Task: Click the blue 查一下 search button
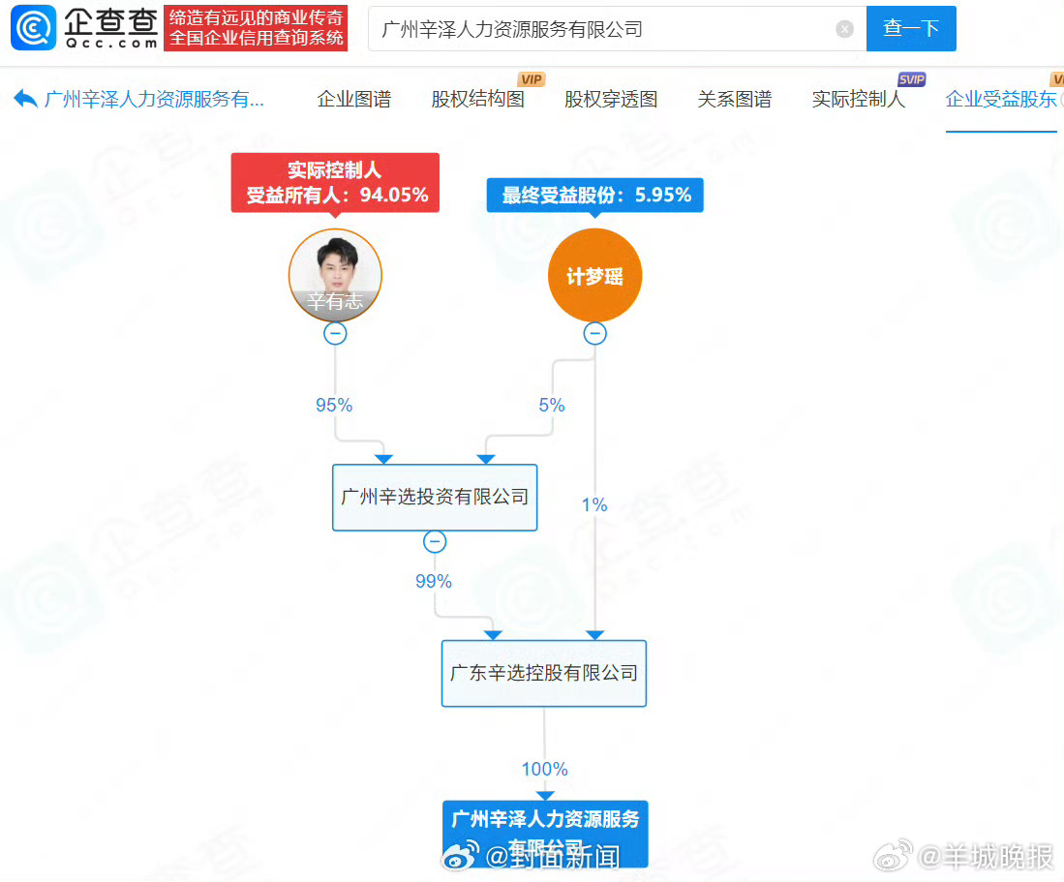[x=910, y=28]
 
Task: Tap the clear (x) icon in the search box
[x=844, y=29]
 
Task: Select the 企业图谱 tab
[x=354, y=99]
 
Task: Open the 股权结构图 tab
[x=478, y=99]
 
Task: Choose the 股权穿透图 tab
[x=611, y=99]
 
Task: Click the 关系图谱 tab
[x=735, y=99]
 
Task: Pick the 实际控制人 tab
[x=859, y=99]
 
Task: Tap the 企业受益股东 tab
[x=1001, y=99]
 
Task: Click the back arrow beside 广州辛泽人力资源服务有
[x=26, y=99]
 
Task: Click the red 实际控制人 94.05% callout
[x=335, y=182]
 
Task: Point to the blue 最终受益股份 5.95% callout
[x=595, y=195]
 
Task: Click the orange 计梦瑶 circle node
[x=595, y=276]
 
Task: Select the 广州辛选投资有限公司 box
[x=435, y=497]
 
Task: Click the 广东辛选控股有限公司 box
[x=544, y=673]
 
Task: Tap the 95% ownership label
[x=334, y=405]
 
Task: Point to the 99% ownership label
[x=433, y=581]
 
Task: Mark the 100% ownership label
[x=544, y=769]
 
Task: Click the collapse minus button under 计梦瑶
[x=595, y=334]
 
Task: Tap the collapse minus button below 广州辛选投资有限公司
[x=435, y=541]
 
